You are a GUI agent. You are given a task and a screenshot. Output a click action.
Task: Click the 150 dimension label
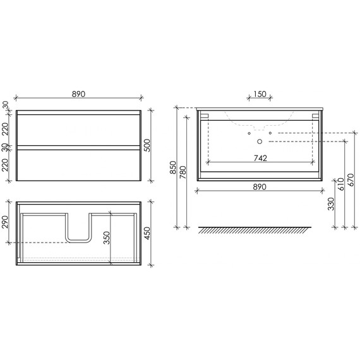pos(260,94)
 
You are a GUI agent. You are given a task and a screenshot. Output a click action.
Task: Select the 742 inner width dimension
pos(259,158)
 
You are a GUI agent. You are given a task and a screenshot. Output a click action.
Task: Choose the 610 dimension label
pos(342,183)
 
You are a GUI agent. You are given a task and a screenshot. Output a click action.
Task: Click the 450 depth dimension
pos(155,232)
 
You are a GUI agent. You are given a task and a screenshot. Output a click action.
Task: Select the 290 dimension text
pos(7,222)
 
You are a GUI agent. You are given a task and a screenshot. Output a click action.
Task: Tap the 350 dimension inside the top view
pos(107,237)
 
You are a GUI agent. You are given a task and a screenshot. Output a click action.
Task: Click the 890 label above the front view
pos(78,94)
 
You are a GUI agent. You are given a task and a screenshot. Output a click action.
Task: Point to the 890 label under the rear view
pos(259,186)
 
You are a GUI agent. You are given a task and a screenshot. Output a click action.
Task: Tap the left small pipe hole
pos(249,133)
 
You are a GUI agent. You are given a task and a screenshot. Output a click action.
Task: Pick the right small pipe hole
pos(270,133)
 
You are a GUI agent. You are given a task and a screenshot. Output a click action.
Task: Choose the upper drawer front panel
pos(78,131)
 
